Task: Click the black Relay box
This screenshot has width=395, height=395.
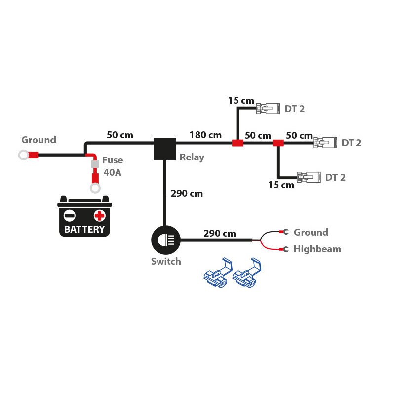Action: point(164,149)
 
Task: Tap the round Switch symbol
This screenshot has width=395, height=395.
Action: point(165,240)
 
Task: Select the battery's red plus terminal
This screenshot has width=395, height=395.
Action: point(100,216)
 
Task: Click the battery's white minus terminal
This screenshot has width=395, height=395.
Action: point(70,216)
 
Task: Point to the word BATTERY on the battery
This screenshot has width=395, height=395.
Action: point(84,229)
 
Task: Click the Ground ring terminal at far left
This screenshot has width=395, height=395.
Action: point(23,155)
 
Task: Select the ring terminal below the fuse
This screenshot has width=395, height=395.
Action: point(95,188)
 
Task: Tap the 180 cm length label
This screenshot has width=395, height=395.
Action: point(205,135)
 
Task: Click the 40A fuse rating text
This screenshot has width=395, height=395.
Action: point(112,172)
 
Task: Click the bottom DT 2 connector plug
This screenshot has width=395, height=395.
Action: point(309,177)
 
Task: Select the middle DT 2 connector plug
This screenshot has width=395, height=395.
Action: point(325,143)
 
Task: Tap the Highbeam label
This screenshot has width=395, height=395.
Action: point(317,249)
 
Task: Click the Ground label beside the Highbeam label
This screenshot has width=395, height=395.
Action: point(311,232)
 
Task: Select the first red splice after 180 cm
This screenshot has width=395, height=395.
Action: point(238,143)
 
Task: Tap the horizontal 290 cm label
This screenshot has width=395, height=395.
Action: point(219,233)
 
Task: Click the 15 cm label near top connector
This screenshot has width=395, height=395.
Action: point(240,101)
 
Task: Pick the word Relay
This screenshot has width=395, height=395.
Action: point(192,158)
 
